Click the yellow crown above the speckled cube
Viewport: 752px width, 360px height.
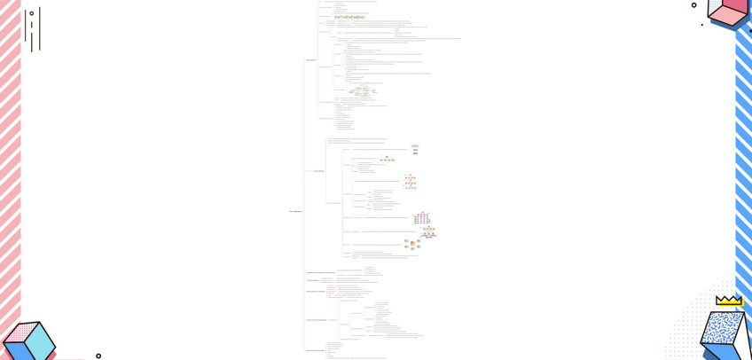click(x=729, y=301)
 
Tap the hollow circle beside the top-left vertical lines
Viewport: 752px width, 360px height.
click(x=32, y=13)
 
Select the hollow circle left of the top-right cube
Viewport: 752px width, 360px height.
click(x=693, y=5)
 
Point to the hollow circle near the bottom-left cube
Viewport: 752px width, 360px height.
click(x=98, y=356)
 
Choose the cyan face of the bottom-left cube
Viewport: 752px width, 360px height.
click(x=41, y=339)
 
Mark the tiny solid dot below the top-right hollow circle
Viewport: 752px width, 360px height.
click(x=701, y=25)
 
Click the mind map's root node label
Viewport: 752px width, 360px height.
click(x=295, y=211)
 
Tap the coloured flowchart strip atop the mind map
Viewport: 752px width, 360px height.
click(x=349, y=17)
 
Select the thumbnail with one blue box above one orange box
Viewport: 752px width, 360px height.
click(x=415, y=150)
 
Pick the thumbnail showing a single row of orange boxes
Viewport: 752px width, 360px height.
click(x=388, y=160)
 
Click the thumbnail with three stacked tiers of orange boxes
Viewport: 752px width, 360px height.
click(x=410, y=181)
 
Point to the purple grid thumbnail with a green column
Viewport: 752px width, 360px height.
click(x=421, y=218)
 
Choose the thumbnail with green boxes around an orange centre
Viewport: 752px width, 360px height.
click(x=412, y=244)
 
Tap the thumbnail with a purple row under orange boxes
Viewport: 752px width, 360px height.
click(x=428, y=232)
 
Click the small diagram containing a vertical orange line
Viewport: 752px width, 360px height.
click(x=362, y=90)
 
